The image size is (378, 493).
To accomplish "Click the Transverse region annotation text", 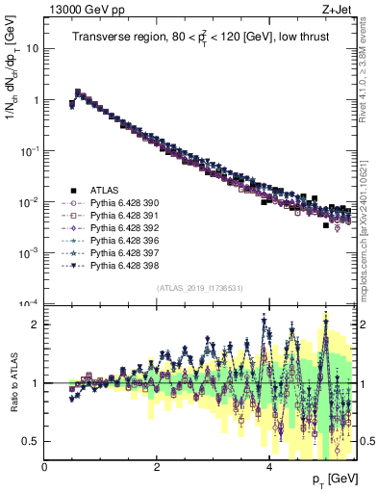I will pos(200,38).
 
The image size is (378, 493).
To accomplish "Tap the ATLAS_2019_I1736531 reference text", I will pos(200,288).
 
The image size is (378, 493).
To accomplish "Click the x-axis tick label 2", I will pos(157,466).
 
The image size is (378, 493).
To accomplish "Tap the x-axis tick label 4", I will pos(269,466).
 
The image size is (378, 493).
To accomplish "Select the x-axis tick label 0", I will pos(45,466).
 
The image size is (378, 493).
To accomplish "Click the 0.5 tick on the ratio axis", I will pos(32,441).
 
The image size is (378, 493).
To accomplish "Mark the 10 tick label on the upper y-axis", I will pos(30,48).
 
